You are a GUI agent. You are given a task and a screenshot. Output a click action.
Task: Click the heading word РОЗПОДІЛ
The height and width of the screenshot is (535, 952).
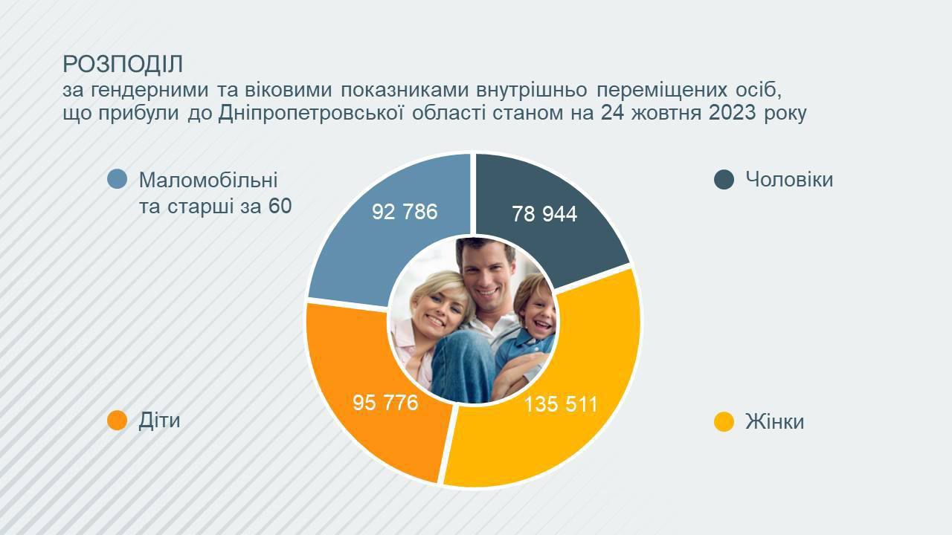(123, 65)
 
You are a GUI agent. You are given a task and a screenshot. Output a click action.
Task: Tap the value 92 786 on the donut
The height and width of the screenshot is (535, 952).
(405, 212)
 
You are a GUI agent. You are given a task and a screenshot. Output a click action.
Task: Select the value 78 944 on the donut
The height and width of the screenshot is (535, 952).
(544, 213)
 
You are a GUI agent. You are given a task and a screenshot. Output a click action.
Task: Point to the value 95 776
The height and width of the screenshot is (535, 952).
(385, 403)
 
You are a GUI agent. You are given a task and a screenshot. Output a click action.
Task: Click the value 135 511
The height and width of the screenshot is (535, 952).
(561, 403)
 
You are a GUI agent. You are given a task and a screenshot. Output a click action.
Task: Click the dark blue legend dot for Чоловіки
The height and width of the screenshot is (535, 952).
(724, 180)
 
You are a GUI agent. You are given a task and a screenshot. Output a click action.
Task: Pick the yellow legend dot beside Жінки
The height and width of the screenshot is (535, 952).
(724, 421)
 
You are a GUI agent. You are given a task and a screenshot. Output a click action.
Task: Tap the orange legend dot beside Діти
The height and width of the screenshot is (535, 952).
(118, 421)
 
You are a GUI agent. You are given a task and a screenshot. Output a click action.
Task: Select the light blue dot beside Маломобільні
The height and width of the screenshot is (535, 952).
(118, 179)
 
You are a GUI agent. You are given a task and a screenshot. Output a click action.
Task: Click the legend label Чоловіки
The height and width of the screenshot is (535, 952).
(789, 179)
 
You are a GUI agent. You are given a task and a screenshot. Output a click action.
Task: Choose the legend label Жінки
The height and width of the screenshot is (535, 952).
(774, 421)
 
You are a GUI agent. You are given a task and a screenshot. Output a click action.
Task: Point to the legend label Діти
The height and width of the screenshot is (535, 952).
(159, 421)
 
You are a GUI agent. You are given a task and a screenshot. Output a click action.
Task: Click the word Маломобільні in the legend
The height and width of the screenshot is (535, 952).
(208, 180)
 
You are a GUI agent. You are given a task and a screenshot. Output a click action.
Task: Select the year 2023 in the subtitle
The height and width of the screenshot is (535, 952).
(733, 113)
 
